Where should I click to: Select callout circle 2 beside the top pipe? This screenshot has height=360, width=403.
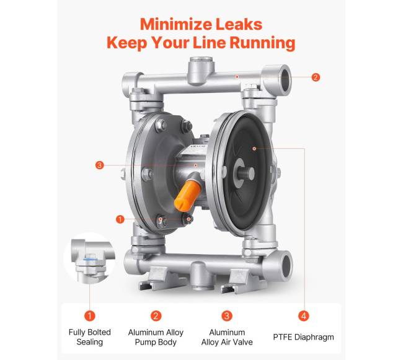click(316, 77)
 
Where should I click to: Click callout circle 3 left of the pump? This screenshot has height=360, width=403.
click(99, 165)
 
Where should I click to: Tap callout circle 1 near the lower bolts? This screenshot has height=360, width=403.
click(120, 219)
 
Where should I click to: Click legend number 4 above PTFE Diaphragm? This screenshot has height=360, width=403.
click(304, 315)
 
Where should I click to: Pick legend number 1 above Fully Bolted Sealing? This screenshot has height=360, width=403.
click(90, 315)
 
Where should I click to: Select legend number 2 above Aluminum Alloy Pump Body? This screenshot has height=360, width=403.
click(156, 315)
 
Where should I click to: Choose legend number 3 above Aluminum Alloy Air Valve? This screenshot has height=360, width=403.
click(227, 315)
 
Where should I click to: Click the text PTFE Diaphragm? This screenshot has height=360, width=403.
click(303, 337)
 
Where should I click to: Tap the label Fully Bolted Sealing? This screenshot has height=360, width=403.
click(90, 337)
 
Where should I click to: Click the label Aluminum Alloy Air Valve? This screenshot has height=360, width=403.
click(227, 337)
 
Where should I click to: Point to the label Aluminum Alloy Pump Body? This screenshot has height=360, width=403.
click(156, 337)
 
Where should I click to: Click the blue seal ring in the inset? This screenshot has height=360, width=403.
click(89, 260)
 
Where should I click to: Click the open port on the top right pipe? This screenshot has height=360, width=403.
click(286, 79)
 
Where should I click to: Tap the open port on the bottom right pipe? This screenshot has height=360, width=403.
click(287, 265)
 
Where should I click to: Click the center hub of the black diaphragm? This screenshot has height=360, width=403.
click(245, 173)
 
